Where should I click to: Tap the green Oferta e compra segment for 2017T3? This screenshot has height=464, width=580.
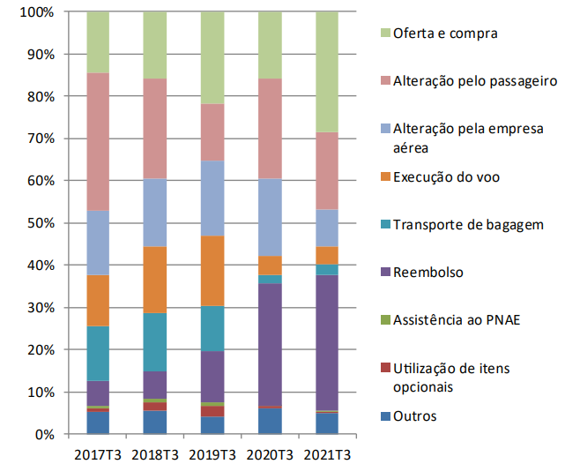(98, 42)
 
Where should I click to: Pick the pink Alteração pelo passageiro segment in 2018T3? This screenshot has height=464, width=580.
(154, 129)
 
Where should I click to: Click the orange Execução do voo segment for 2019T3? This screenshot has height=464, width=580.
(212, 271)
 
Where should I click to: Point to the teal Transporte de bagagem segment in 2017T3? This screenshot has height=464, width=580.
(98, 353)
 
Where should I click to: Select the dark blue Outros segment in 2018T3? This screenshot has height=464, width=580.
(154, 422)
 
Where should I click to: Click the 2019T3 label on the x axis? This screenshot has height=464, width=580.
(212, 453)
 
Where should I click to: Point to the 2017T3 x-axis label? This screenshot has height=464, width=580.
(98, 453)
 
